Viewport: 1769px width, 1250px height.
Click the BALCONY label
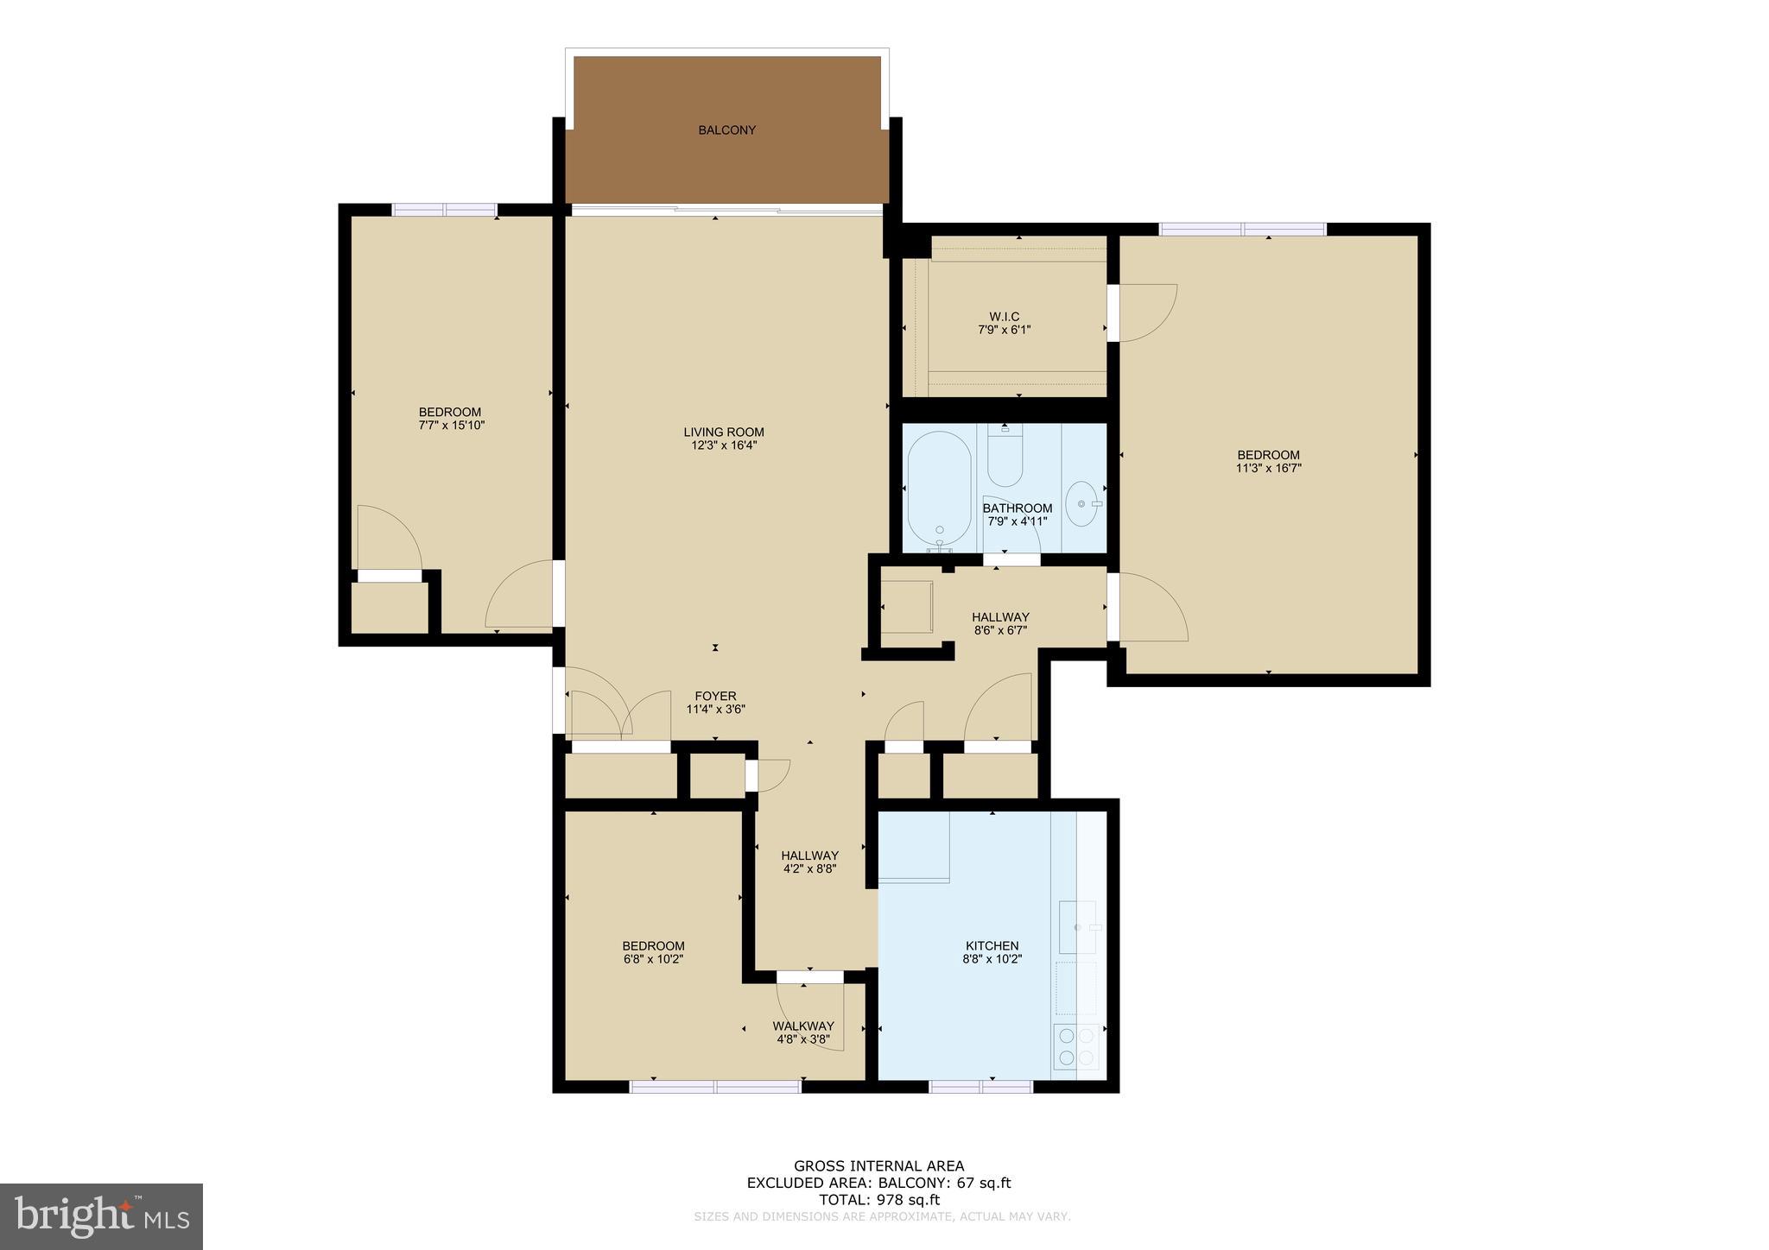click(x=726, y=130)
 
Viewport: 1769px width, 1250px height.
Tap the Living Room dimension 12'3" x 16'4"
click(x=723, y=445)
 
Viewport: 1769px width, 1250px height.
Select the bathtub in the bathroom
click(x=939, y=488)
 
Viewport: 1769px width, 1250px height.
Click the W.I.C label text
click(x=1004, y=317)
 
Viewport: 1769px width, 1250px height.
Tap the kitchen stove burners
click(x=1076, y=1045)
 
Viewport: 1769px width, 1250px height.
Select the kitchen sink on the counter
click(x=1077, y=927)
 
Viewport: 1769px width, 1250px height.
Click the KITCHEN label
click(x=992, y=945)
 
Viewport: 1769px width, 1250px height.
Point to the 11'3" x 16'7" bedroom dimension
click(x=1268, y=469)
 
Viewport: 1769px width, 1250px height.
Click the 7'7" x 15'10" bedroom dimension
click(x=450, y=426)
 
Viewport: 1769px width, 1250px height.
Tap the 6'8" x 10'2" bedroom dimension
click(x=653, y=959)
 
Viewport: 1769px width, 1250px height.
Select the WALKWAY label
click(x=803, y=1026)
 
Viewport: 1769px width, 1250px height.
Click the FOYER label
click(x=715, y=696)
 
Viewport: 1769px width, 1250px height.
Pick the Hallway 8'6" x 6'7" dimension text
click(x=1000, y=630)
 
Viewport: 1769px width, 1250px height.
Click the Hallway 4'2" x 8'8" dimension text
click(x=809, y=869)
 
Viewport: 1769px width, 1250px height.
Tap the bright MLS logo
click(x=102, y=1216)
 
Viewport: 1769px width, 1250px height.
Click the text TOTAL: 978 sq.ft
click(x=878, y=1200)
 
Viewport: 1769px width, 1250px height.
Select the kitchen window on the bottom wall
click(x=980, y=1087)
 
